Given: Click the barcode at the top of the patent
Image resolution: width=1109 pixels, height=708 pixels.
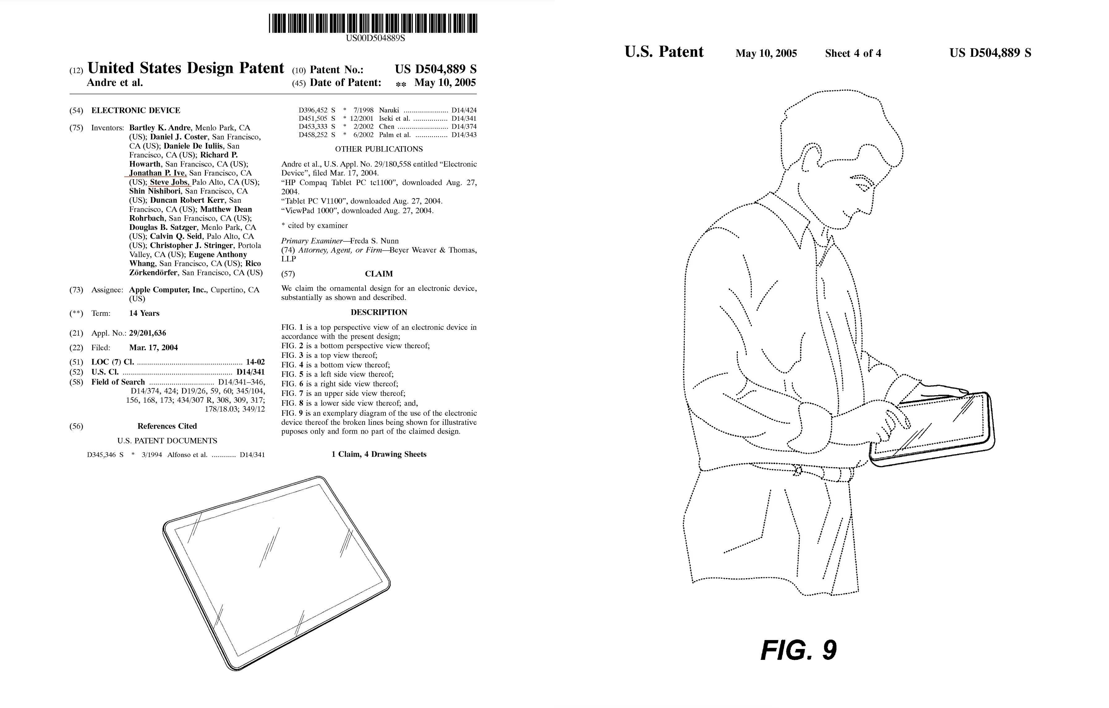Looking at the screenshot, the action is tap(373, 23).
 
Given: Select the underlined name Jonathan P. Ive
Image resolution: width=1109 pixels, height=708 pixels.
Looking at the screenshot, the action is tap(157, 173).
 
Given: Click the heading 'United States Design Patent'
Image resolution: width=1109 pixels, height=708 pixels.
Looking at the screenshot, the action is tap(186, 68).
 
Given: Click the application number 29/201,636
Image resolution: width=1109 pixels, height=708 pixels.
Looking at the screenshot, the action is tap(147, 333).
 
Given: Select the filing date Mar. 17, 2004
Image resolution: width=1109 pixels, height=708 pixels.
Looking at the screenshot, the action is tap(153, 348).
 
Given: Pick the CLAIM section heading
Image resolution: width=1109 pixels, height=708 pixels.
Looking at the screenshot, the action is tap(378, 274).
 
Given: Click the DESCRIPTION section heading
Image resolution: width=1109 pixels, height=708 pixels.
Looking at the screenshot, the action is tap(378, 312).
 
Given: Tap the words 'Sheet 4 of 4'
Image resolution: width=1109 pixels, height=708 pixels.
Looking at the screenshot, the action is tap(853, 53).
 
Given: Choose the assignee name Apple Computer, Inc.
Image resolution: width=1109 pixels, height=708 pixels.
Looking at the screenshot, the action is tap(168, 290).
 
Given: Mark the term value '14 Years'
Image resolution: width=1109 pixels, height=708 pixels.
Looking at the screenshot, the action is tap(144, 313).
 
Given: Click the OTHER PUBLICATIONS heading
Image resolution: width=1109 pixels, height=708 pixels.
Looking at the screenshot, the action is tap(378, 149).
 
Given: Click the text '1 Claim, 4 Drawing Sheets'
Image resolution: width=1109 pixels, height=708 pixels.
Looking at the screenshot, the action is tap(378, 454).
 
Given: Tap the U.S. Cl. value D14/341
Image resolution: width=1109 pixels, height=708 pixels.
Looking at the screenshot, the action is tap(250, 372).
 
